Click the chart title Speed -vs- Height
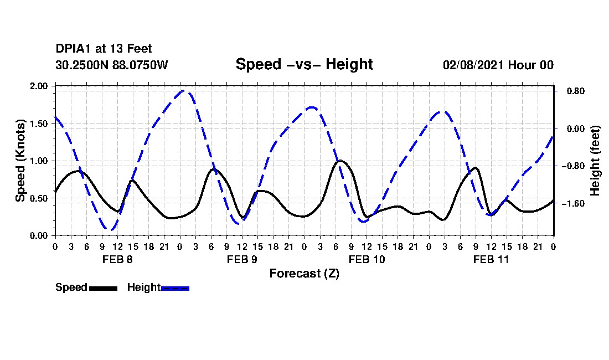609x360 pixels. pyautogui.click(x=304, y=64)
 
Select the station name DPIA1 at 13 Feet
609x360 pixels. pyautogui.click(x=104, y=49)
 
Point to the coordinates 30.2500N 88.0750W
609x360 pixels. pyautogui.click(x=111, y=65)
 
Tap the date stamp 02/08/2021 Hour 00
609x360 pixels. pyautogui.click(x=498, y=65)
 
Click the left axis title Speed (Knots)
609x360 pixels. pyautogui.click(x=20, y=161)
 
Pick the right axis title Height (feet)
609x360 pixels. pyautogui.click(x=595, y=161)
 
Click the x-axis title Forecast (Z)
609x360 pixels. pyautogui.click(x=304, y=273)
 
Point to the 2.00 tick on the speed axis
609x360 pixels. pyautogui.click(x=39, y=86)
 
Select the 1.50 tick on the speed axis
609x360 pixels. pyautogui.click(x=39, y=124)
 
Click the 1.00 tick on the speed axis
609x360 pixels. pyautogui.click(x=39, y=161)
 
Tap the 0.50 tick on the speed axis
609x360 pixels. pyautogui.click(x=39, y=198)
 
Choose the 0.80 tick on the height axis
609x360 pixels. pyautogui.click(x=572, y=91)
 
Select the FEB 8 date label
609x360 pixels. pyautogui.click(x=117, y=259)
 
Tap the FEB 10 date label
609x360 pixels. pyautogui.click(x=367, y=259)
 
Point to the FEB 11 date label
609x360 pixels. pyautogui.click(x=491, y=259)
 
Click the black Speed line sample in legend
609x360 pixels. pyautogui.click(x=103, y=288)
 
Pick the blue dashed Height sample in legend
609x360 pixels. pyautogui.click(x=175, y=288)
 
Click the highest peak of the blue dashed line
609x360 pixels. pyautogui.click(x=185, y=91)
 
